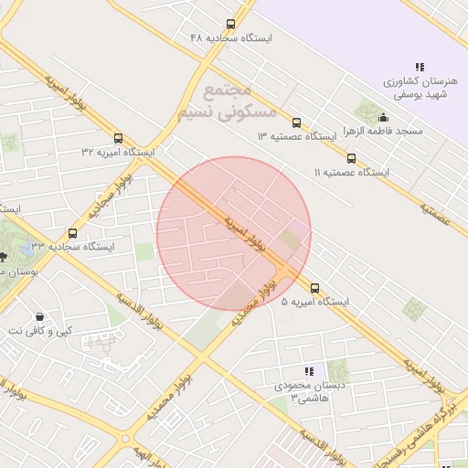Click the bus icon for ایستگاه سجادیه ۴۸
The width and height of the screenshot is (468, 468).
(229, 25)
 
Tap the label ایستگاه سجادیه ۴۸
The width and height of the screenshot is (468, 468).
(231, 38)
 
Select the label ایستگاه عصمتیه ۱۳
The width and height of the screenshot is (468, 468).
(297, 136)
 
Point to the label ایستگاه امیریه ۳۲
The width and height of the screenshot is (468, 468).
(118, 151)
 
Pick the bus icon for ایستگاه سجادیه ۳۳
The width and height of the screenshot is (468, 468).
(73, 233)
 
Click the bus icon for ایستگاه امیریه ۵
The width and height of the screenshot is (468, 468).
(315, 287)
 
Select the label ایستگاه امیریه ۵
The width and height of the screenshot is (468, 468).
(315, 301)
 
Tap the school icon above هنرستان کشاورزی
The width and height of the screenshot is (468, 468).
(420, 67)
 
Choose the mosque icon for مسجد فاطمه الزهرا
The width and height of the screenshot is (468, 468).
(383, 117)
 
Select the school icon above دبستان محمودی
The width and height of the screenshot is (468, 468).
(309, 372)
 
